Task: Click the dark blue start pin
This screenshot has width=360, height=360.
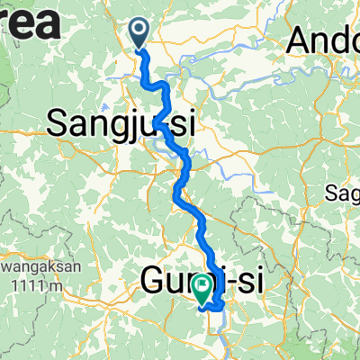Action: coord(140,34)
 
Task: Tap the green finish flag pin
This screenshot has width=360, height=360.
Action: coord(202,289)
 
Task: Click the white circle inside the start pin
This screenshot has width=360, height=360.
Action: coord(140,31)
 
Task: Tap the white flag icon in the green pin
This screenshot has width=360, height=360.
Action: coord(202,286)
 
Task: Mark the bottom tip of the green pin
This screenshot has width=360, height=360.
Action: coord(202,303)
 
